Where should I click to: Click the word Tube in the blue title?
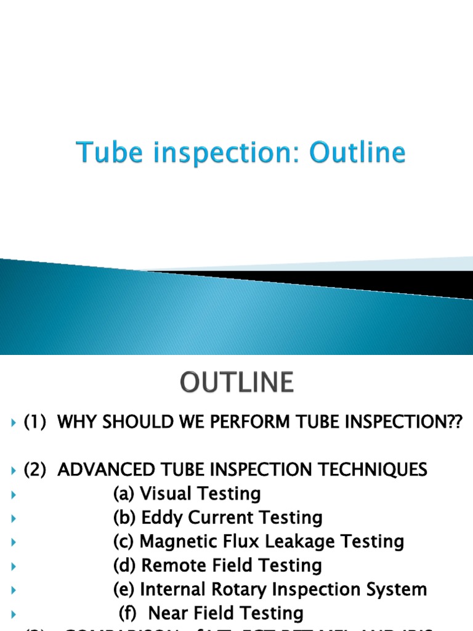coord(102,153)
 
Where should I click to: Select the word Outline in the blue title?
coord(358,153)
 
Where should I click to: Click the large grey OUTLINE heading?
coord(236,383)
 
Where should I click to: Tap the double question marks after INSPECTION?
coord(455,423)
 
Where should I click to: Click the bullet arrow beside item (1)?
coord(14,423)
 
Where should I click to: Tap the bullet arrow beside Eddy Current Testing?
coord(14,518)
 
